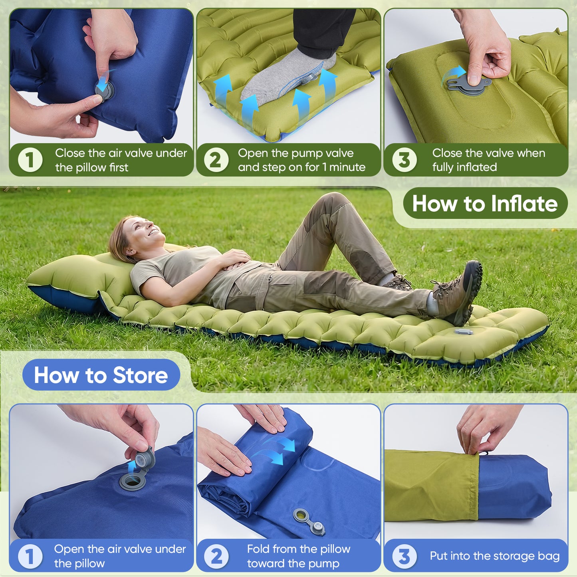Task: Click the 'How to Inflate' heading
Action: click(485, 204)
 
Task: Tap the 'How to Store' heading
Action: click(101, 375)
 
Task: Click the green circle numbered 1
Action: click(30, 160)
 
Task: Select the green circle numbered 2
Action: click(216, 160)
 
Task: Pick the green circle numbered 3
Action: click(404, 160)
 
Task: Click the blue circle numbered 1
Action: click(30, 556)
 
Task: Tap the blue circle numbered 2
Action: click(216, 556)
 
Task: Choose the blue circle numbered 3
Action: click(404, 556)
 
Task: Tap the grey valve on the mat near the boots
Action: click(463, 331)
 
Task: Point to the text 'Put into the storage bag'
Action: click(494, 556)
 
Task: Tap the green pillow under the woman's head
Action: click(80, 276)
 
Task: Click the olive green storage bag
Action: click(431, 485)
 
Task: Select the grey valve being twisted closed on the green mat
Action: click(467, 85)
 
